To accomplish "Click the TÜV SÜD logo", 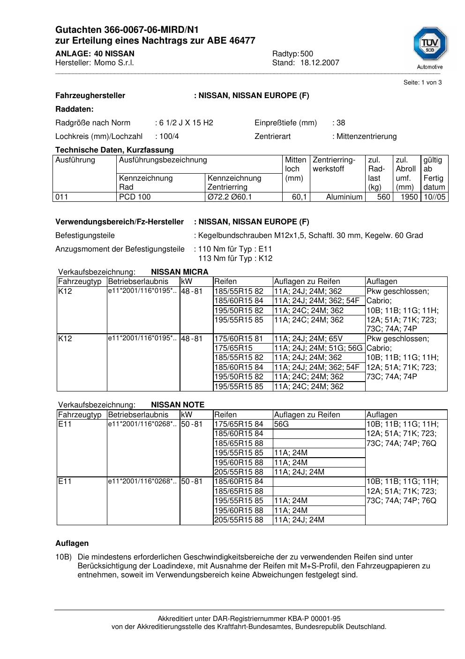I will click(x=430, y=45).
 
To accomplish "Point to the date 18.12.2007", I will click(x=320, y=63).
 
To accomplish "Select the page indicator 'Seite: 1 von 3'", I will click(x=422, y=83).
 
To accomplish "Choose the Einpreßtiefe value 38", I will click(x=341, y=123).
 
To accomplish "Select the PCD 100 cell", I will click(x=135, y=197).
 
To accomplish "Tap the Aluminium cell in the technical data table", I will click(x=344, y=197).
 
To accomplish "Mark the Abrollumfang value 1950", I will click(x=409, y=197).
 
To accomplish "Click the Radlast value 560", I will click(x=383, y=197).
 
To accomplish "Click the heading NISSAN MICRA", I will click(x=180, y=272).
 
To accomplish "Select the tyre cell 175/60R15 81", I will click(x=239, y=339).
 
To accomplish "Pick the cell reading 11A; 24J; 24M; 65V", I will click(x=308, y=339).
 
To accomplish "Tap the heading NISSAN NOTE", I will click(x=178, y=405).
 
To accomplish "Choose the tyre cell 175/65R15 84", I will click(x=239, y=424).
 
